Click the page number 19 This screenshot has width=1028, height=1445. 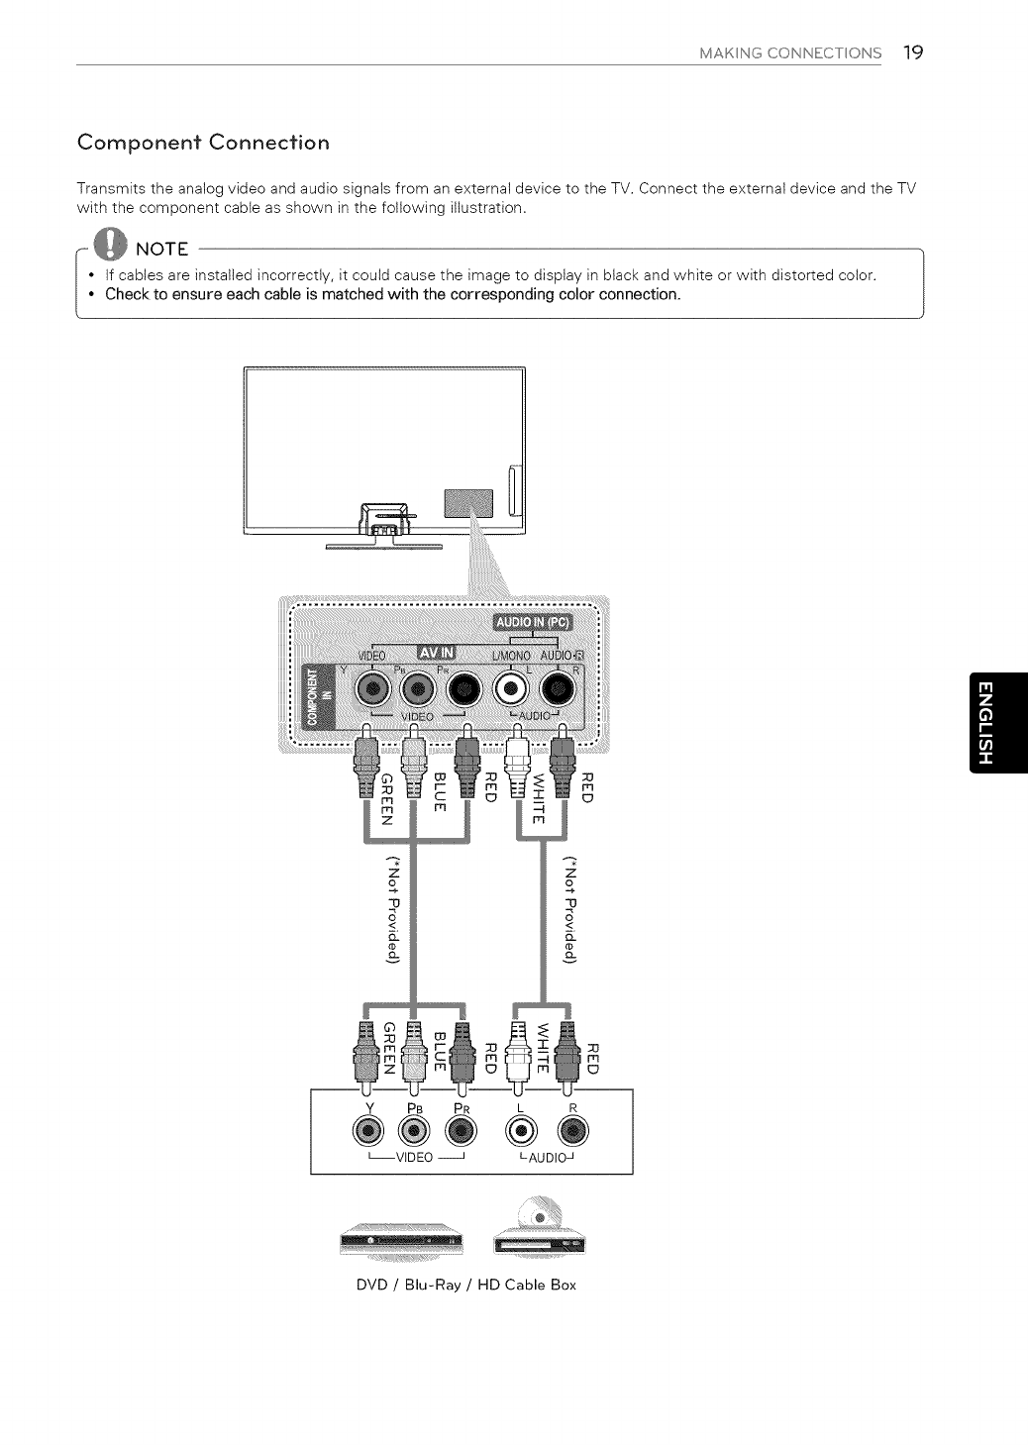(912, 52)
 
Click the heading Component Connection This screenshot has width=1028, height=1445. (203, 143)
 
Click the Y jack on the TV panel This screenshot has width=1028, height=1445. (372, 689)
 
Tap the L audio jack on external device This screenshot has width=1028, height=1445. (522, 1130)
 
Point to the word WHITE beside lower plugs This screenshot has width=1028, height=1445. (540, 1046)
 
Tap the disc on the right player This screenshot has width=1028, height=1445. (539, 1215)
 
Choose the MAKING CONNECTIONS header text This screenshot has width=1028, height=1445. (789, 53)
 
